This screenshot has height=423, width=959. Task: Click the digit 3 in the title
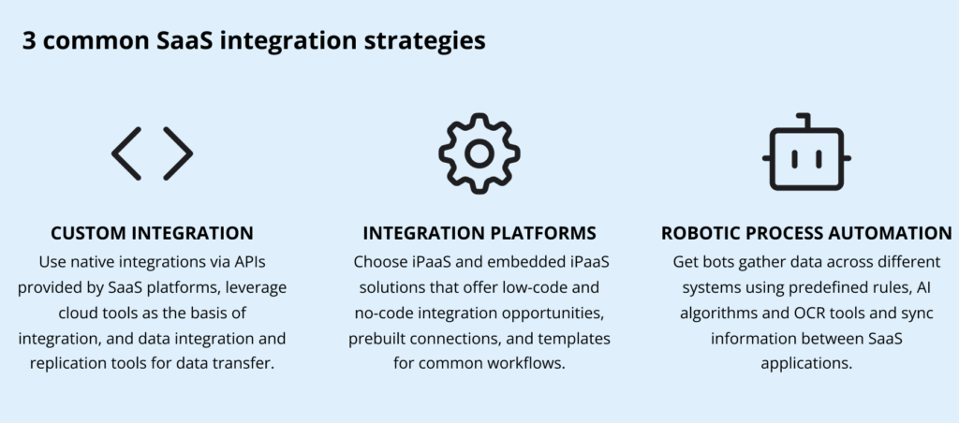tap(31, 42)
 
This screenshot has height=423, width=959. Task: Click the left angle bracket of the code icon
tap(126, 153)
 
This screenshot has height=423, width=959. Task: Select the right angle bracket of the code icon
tap(178, 153)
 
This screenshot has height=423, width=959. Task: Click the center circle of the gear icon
tap(479, 153)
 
